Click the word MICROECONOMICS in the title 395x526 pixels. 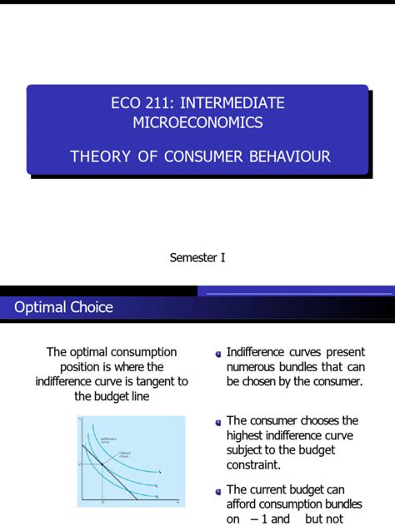(x=197, y=122)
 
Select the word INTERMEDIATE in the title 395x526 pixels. (x=233, y=103)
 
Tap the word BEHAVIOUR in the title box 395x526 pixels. (x=287, y=156)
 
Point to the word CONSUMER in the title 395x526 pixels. (x=202, y=156)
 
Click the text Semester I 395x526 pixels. (x=197, y=257)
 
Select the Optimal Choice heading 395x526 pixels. (x=63, y=307)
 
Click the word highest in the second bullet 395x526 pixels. (x=248, y=435)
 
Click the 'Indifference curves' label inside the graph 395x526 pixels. (x=108, y=440)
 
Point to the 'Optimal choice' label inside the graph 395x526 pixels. (x=127, y=454)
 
